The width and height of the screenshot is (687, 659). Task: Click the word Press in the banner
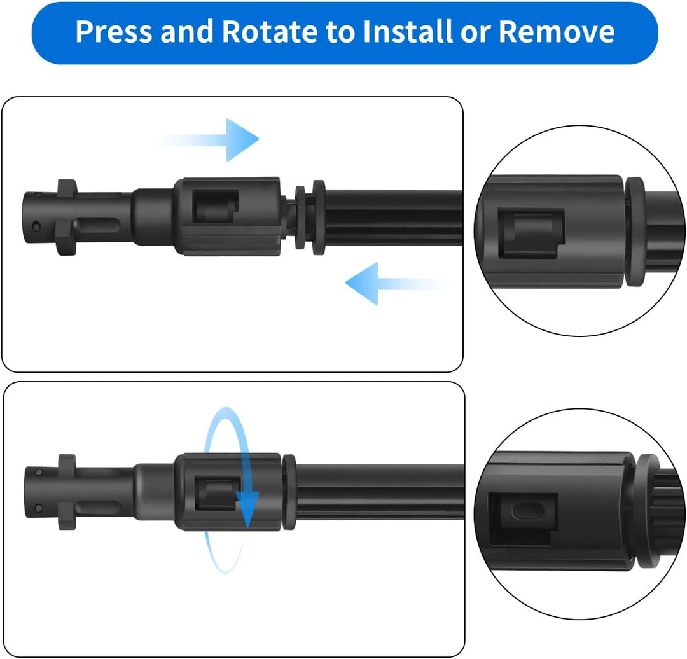(114, 31)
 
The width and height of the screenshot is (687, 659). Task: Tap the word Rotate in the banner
(270, 31)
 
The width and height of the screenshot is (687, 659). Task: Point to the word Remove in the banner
(557, 31)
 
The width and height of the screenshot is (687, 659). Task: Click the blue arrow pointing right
(206, 140)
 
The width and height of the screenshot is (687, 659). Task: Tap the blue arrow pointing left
(399, 284)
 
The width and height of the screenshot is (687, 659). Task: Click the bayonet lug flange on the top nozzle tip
(66, 218)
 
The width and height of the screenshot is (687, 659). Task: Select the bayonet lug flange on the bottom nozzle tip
(67, 492)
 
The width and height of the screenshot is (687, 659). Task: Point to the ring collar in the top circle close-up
(635, 232)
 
